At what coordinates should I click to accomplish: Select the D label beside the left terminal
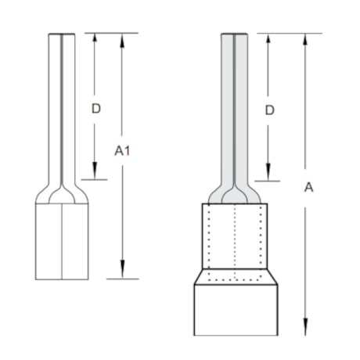point(95,108)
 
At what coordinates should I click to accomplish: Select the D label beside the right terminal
point(269,110)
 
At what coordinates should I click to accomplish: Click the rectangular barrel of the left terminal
point(62,239)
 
